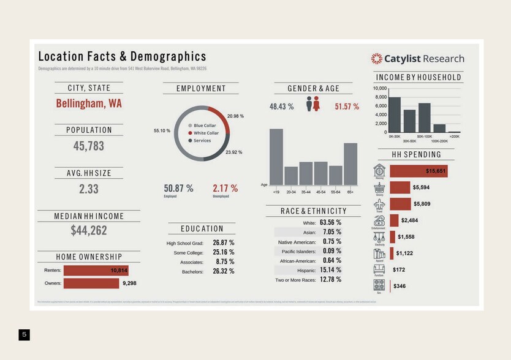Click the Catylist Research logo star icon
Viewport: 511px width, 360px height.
tap(376, 59)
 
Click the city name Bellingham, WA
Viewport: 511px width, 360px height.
tap(89, 103)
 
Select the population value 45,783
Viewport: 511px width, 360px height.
tap(89, 146)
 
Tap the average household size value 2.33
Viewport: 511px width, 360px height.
tap(89, 189)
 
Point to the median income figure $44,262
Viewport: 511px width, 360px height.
tap(89, 231)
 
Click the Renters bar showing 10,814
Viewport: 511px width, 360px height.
tap(96, 271)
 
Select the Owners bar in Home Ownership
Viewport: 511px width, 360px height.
tap(91, 283)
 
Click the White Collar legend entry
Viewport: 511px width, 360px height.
tap(206, 133)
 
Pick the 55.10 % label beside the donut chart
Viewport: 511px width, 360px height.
tap(162, 131)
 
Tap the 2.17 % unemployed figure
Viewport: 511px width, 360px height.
tap(225, 189)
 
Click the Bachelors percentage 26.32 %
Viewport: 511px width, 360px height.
tap(223, 271)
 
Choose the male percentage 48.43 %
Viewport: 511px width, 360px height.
tap(281, 107)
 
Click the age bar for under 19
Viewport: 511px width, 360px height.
tap(276, 157)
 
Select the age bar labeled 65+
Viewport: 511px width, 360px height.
tap(350, 164)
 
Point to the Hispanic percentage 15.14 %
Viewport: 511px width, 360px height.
tap(330, 270)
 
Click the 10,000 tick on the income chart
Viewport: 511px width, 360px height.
tap(380, 89)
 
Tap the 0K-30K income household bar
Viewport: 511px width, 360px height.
tap(395, 114)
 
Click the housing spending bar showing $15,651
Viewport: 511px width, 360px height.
tap(418, 171)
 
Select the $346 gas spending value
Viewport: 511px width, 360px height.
tap(399, 286)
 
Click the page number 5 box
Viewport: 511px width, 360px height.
tap(24, 334)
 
